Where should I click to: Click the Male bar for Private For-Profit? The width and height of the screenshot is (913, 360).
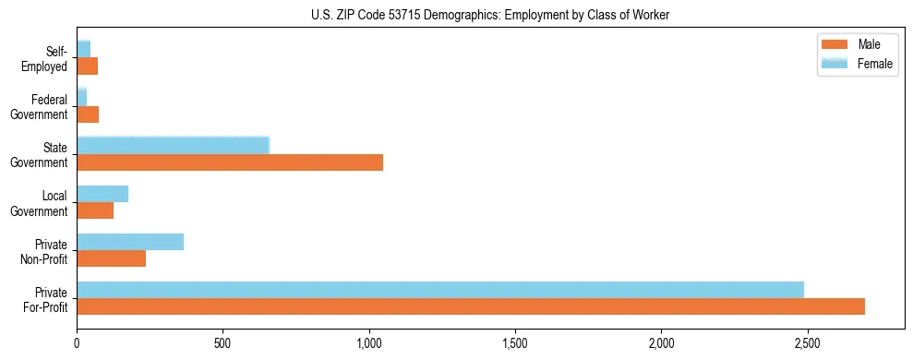click(x=471, y=306)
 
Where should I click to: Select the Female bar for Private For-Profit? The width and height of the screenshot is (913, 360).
click(x=440, y=290)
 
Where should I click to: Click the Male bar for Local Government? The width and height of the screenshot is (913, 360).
click(x=95, y=210)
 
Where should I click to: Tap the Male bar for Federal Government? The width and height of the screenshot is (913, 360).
click(x=88, y=114)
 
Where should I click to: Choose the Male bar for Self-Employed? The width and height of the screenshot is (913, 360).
click(x=87, y=66)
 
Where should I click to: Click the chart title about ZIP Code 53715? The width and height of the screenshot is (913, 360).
click(x=490, y=14)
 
